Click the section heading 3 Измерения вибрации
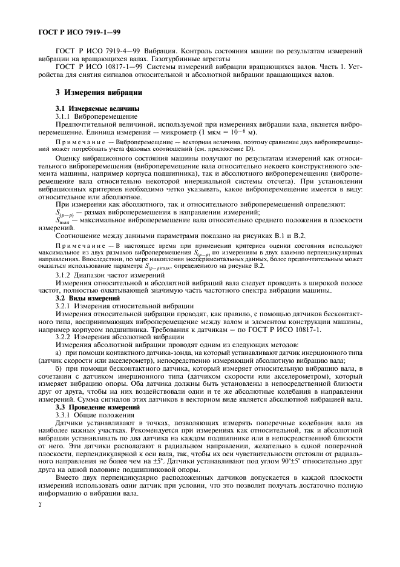click(99, 93)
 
